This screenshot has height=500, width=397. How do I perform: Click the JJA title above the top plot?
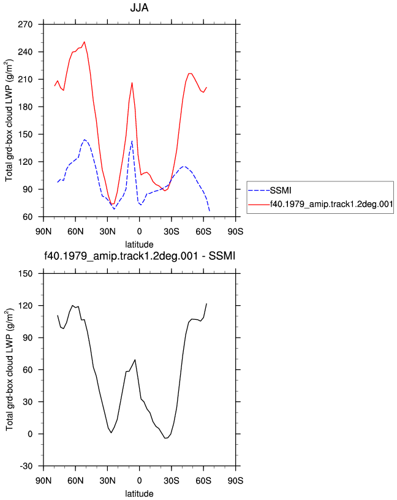139,7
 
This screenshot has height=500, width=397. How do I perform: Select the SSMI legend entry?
281,191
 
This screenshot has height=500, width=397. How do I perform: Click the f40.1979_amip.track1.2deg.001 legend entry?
331,204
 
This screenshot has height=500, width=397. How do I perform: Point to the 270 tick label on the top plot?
25,25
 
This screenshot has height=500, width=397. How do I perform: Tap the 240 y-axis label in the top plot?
25,51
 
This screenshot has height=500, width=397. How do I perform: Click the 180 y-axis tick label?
25,107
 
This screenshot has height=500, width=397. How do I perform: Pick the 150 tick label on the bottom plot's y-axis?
25,274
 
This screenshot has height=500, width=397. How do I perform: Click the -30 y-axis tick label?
26,466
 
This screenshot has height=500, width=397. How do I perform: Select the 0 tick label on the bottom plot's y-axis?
30,434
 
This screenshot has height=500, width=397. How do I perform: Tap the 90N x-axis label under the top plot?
43,231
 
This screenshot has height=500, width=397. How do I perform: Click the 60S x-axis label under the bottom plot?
203,480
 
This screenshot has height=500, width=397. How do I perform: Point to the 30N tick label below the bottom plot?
107,480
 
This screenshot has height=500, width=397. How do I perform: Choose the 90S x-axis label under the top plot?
235,231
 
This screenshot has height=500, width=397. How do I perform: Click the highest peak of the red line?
84,42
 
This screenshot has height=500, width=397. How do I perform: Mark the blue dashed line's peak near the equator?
132,141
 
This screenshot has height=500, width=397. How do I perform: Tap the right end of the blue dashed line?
210,211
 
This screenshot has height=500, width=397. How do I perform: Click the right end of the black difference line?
206,303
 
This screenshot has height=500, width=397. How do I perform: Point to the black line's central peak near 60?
135,360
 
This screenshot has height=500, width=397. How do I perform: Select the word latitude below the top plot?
139,244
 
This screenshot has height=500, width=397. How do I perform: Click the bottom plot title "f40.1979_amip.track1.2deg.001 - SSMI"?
139,256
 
